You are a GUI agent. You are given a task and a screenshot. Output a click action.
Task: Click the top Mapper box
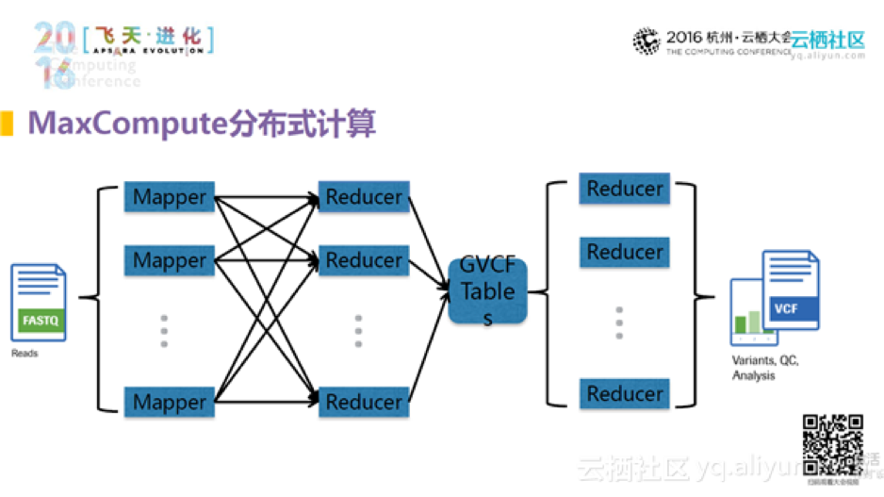tap(170, 197)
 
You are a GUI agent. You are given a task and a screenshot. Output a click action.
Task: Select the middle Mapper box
tap(170, 259)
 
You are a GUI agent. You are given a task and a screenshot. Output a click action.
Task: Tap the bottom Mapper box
tap(170, 402)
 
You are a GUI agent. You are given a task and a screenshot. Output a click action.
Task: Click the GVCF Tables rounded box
tap(487, 291)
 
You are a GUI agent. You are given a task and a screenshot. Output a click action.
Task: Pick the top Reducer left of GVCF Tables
tap(364, 197)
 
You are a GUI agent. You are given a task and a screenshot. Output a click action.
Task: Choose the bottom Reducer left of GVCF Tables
tap(364, 402)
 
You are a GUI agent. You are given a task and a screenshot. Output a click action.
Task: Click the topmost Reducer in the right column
tap(625, 189)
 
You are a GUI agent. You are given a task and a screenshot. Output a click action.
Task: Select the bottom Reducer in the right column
tap(625, 392)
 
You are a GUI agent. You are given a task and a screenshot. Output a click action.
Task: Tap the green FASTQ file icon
tap(40, 302)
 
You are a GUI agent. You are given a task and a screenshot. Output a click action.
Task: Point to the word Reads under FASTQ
tap(25, 354)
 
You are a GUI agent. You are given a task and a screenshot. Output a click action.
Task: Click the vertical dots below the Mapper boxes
tap(164, 331)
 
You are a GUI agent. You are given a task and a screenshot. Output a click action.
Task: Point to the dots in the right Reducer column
tap(619, 323)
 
